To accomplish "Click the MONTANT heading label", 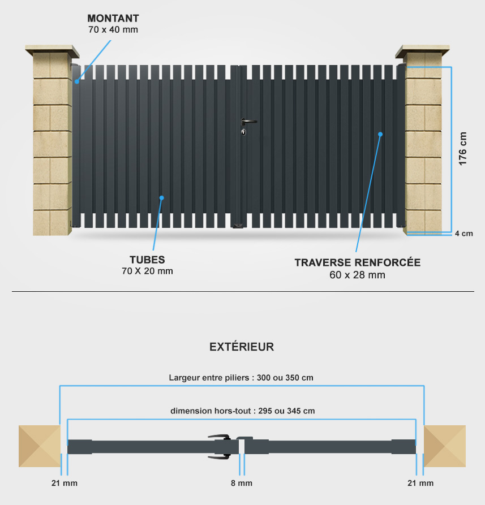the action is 113,18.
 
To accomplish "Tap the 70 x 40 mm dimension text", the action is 113,29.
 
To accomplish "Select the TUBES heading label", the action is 147,260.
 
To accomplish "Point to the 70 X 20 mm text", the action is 147,271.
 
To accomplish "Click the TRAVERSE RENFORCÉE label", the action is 358,262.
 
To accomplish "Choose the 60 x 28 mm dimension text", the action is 358,275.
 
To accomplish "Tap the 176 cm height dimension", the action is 462,149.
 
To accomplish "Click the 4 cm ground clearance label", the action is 463,234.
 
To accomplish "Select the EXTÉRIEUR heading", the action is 242,347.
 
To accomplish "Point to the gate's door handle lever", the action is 249,121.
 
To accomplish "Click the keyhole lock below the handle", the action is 243,132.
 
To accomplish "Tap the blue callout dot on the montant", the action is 77,81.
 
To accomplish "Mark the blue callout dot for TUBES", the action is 162,198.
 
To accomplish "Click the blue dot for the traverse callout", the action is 380,134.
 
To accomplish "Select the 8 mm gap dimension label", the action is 242,483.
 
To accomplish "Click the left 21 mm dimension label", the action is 65,483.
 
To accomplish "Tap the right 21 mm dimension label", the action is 420,483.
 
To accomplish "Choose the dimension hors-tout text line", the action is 243,411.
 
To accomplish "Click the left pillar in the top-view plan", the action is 39,446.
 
